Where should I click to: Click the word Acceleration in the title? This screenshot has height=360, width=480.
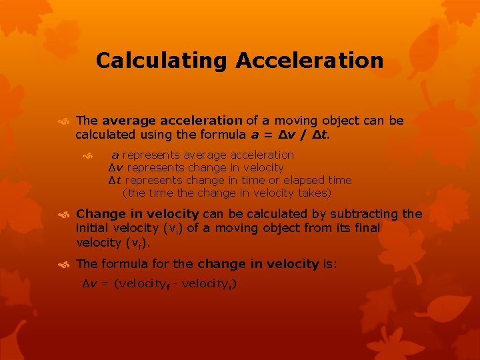(x=309, y=61)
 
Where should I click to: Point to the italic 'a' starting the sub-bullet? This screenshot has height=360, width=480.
(x=115, y=155)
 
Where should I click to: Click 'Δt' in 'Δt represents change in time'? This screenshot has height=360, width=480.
(x=114, y=180)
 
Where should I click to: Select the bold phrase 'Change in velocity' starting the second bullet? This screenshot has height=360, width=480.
(x=137, y=214)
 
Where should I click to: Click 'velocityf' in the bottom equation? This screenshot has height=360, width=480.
(x=141, y=284)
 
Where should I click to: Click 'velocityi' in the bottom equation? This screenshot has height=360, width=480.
(x=206, y=284)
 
